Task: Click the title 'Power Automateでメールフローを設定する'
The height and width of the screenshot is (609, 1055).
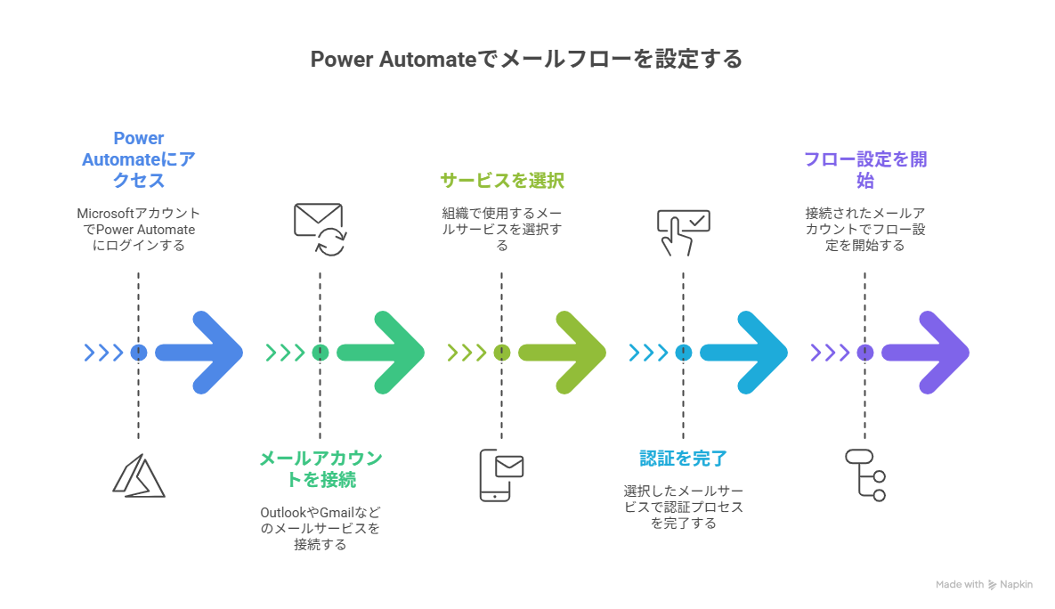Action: point(526,60)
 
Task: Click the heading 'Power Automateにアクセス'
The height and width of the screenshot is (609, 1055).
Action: point(138,159)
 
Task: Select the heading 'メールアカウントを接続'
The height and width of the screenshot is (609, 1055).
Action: point(320,468)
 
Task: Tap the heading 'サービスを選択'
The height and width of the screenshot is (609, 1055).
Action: point(501,181)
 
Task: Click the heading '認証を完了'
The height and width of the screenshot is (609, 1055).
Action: point(683,459)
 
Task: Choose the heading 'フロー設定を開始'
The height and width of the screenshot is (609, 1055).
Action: point(864,169)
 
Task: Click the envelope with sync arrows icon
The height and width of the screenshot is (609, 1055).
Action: point(320,229)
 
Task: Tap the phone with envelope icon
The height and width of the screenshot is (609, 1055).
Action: point(501,475)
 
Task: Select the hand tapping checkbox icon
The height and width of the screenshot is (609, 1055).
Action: point(683,231)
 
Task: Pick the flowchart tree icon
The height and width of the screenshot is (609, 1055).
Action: point(865,475)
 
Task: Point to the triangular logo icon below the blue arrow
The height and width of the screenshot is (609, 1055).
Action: point(138,475)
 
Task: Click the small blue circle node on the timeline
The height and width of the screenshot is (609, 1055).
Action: point(138,352)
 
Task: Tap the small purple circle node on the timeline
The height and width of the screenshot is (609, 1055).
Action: point(864,352)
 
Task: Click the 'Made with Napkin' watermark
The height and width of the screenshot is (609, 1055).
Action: point(984,585)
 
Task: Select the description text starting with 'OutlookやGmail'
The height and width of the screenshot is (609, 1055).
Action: point(320,528)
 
